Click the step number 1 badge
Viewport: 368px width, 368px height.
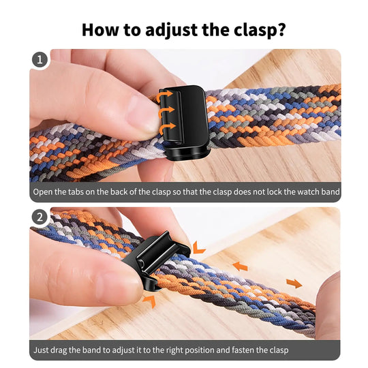(x=40, y=59)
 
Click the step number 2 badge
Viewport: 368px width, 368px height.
(x=40, y=218)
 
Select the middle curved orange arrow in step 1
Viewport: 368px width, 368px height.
(x=165, y=112)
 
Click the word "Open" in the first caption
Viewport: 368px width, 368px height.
(x=44, y=192)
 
